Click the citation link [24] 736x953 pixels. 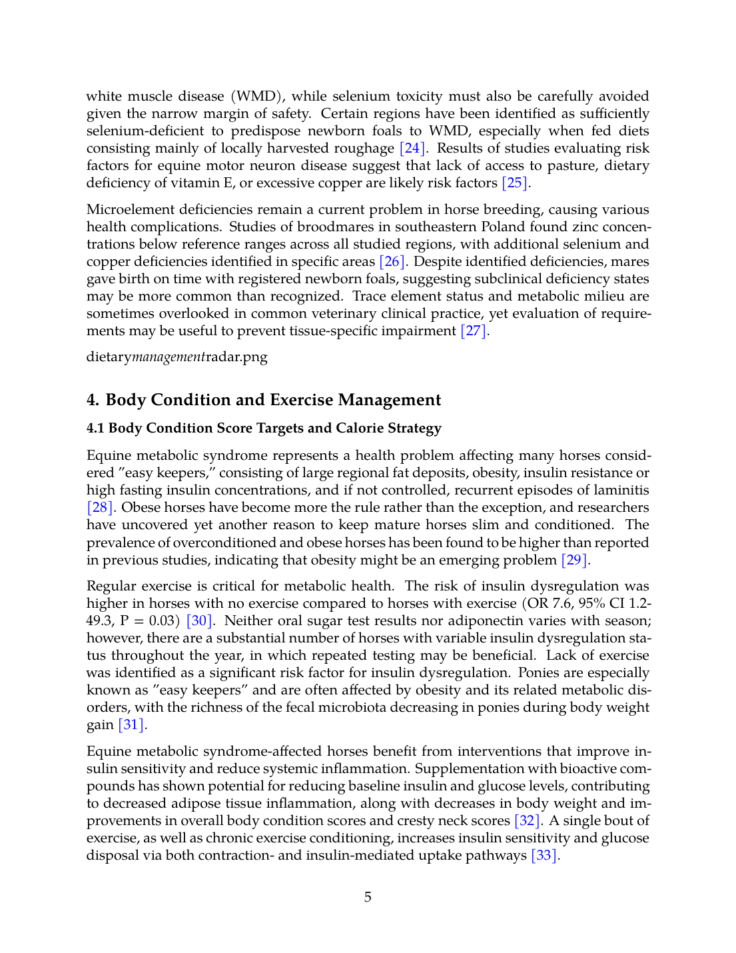point(412,149)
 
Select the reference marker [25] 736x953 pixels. point(516,183)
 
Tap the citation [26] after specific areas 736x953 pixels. point(392,262)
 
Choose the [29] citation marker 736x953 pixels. point(575,560)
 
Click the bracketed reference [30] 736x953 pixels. point(200,621)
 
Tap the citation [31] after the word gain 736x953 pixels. point(131,725)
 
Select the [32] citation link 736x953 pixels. point(528,821)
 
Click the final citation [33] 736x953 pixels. point(544,856)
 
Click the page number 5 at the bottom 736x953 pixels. point(368,898)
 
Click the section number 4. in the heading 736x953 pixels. point(93,401)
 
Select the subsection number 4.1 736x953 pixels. point(95,429)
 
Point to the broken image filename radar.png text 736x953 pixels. point(236,357)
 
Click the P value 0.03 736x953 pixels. point(163,621)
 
